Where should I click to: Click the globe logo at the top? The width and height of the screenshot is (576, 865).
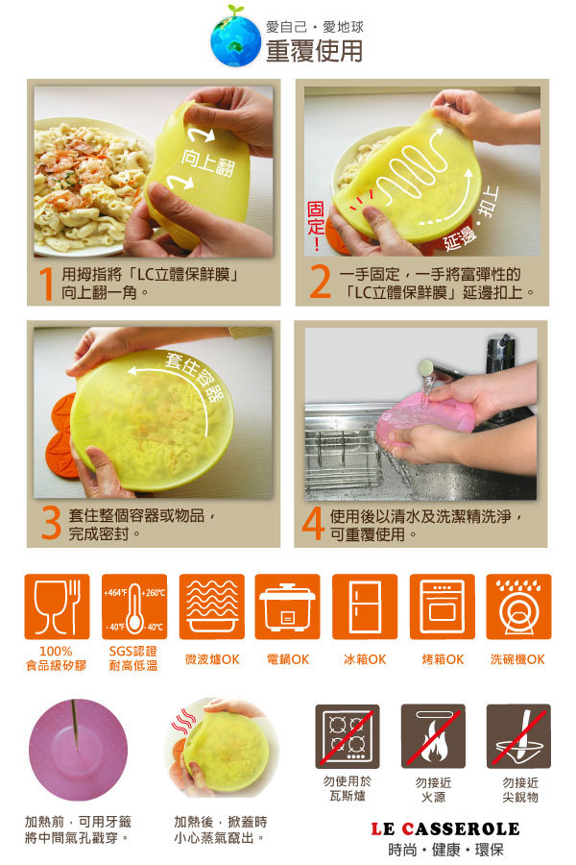(235, 39)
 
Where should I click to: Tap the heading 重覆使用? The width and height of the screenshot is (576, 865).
(314, 51)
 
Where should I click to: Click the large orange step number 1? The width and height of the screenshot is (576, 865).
(47, 284)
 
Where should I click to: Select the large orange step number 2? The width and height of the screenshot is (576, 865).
(320, 282)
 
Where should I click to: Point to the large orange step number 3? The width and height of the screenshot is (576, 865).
(51, 524)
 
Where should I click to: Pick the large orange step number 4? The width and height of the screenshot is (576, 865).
(313, 523)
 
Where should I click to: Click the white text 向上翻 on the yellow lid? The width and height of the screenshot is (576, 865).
(207, 161)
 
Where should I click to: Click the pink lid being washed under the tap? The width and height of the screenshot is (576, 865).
(424, 422)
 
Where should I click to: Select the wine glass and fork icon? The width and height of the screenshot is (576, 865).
(57, 606)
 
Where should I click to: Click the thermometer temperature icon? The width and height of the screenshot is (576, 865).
(134, 606)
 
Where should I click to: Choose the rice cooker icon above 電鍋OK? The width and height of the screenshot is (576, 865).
(287, 606)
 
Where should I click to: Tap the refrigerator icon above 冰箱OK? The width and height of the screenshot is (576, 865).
(365, 606)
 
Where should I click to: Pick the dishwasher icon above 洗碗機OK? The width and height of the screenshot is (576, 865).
(518, 606)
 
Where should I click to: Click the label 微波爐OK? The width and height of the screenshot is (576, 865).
(212, 659)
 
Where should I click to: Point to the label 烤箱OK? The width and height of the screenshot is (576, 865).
(443, 659)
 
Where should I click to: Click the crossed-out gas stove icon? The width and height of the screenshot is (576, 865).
(348, 736)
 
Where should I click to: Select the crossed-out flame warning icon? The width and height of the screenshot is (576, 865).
(433, 736)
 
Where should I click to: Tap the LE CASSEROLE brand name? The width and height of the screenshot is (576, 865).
(445, 828)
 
